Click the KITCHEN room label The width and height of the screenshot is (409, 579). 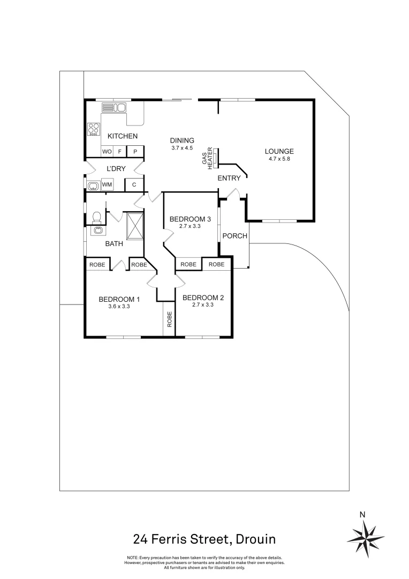pos(122,136)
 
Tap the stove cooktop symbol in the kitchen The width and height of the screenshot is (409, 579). pos(94,129)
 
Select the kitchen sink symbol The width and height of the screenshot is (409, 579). pos(113,108)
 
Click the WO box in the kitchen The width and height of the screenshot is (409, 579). pos(107,152)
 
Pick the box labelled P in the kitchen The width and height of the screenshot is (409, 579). pos(135,152)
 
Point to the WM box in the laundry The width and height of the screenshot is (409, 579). pos(107,185)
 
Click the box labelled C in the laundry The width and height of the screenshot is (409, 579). pos(134,185)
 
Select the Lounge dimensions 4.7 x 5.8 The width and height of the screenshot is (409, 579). pos(279,159)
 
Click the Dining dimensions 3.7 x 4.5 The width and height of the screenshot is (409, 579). pos(181,148)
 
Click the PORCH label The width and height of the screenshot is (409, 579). pos(234,236)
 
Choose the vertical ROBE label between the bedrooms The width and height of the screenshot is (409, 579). pos(170,320)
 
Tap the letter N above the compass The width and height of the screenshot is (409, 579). pos(362,515)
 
